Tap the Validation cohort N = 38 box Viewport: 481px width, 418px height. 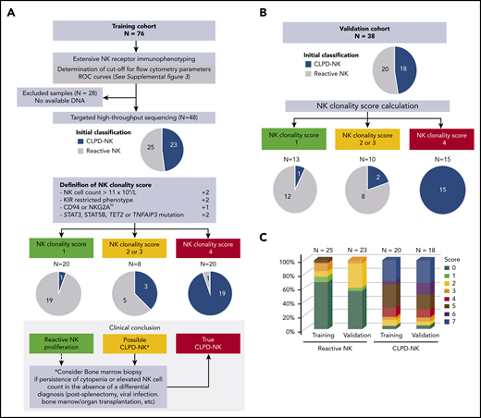(357, 22)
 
